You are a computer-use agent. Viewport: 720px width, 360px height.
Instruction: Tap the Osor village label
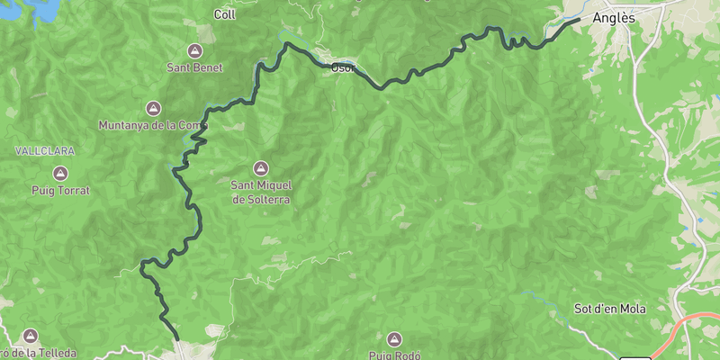coord(343,67)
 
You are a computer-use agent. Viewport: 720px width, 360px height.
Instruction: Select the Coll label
coord(224,13)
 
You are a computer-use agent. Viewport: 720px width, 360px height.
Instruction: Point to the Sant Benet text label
coord(195,67)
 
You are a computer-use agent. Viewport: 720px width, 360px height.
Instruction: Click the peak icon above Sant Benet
coord(195,49)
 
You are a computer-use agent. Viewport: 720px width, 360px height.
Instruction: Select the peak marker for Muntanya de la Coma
coord(153,107)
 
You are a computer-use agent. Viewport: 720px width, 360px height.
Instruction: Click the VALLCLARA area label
coord(44,151)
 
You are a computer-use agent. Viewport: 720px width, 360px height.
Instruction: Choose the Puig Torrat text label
coord(60,191)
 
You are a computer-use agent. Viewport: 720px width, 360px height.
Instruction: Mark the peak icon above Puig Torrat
coord(60,172)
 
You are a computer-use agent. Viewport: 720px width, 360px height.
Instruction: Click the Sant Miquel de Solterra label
coord(261,192)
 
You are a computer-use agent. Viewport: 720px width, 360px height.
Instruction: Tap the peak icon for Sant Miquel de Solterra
coord(261,167)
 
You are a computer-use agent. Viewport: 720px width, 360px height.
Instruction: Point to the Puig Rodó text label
coord(394,355)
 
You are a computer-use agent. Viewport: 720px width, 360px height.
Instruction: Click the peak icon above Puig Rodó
coord(393,338)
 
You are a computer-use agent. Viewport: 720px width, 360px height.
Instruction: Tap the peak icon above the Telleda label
coord(32,335)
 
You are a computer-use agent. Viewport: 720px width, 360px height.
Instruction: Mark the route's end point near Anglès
coord(577,19)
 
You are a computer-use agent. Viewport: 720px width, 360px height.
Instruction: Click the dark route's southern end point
coord(177,338)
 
